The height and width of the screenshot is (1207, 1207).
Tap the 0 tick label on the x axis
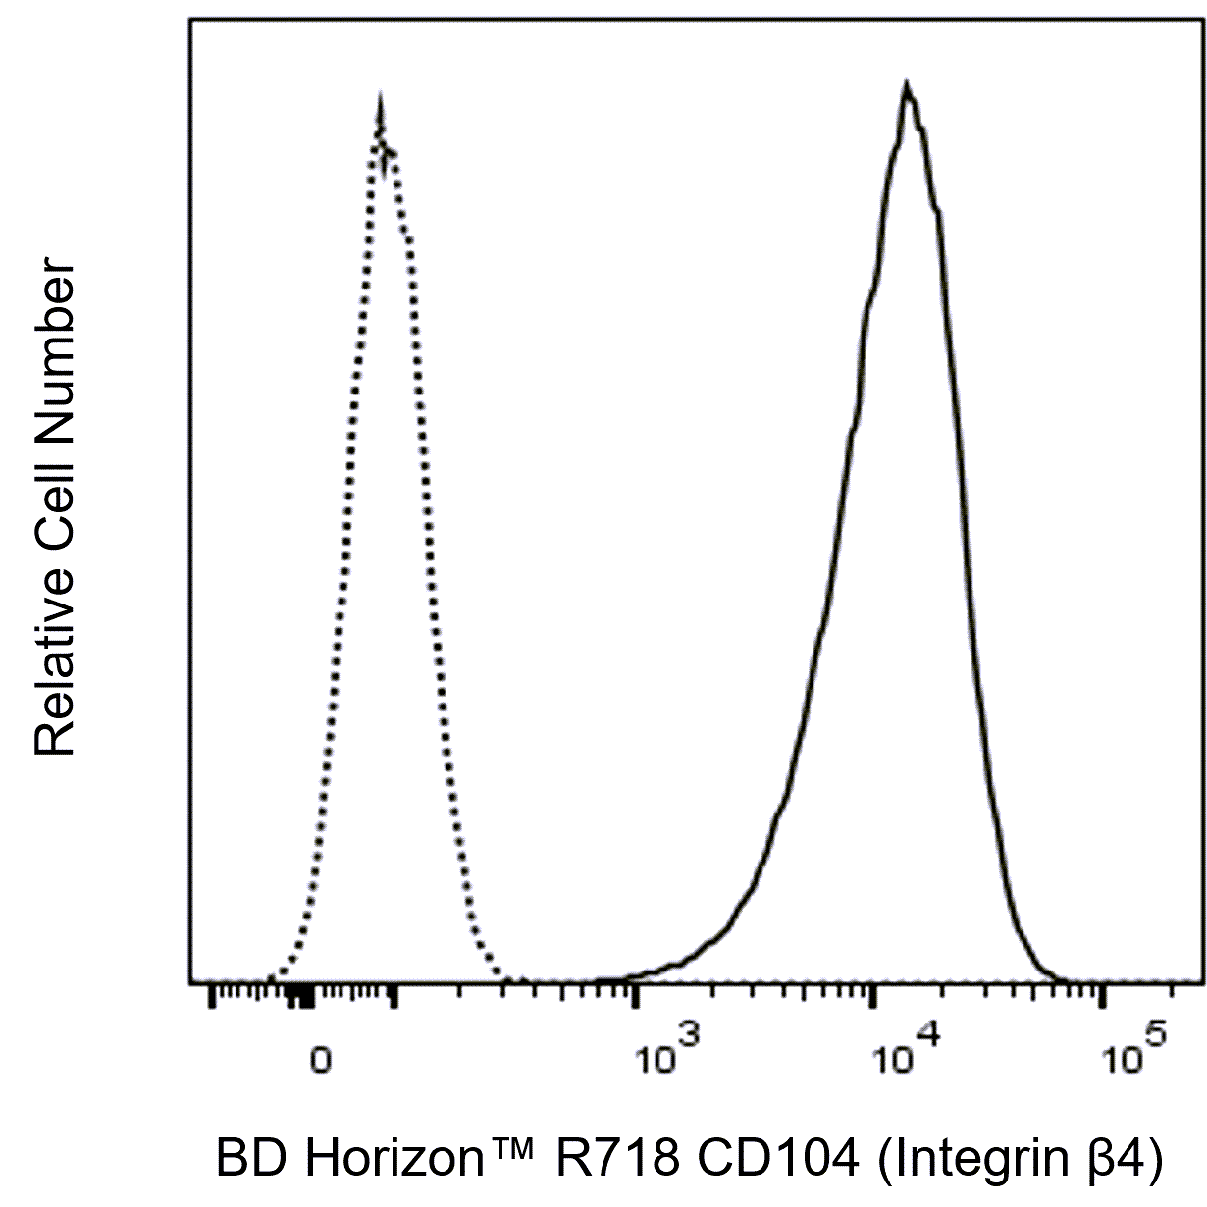pyautogui.click(x=319, y=1061)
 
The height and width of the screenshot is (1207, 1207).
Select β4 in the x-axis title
pyautogui.click(x=1124, y=1159)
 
